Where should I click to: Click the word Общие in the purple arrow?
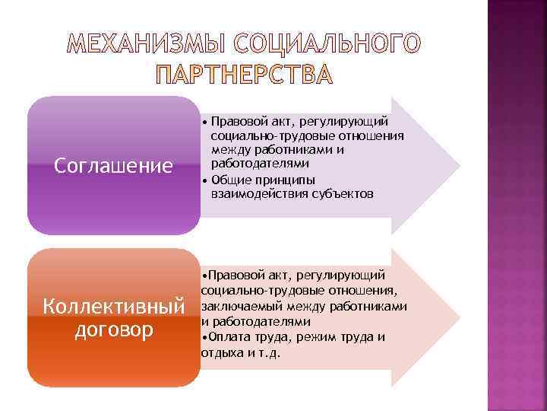(229, 180)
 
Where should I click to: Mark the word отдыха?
(219, 353)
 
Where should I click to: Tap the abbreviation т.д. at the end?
(269, 353)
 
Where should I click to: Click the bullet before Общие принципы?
(205, 180)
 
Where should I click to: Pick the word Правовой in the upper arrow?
(237, 120)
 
